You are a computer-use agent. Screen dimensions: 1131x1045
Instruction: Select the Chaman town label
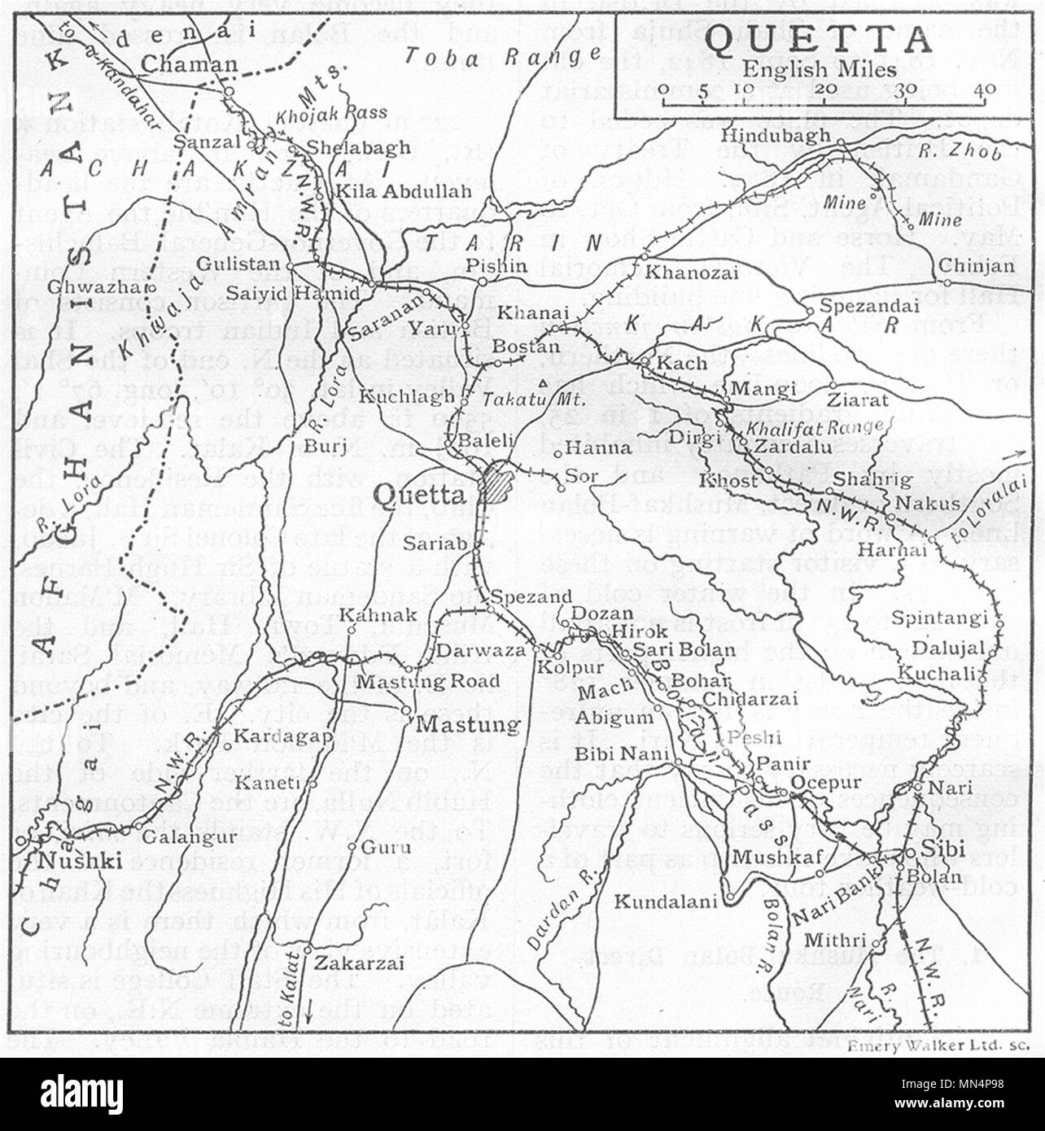point(189,65)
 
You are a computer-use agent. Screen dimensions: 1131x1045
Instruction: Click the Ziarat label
point(859,400)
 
